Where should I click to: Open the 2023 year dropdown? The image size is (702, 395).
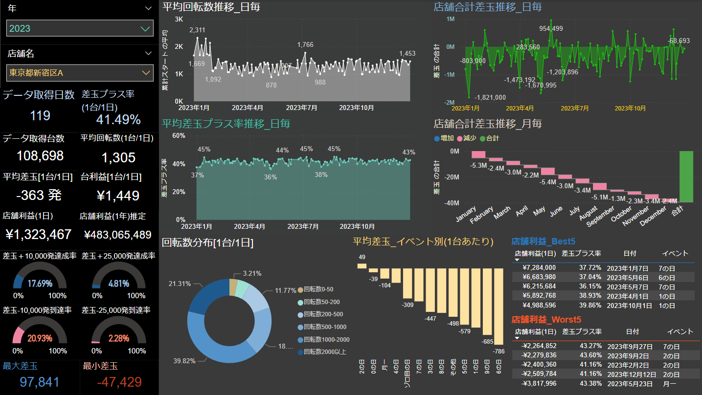(x=80, y=28)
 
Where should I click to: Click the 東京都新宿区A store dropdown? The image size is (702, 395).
(x=80, y=73)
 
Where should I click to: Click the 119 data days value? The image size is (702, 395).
(x=40, y=115)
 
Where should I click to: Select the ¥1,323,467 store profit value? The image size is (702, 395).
(x=39, y=234)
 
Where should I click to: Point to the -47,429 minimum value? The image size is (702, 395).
(x=119, y=382)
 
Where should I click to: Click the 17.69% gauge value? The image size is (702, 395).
(x=40, y=284)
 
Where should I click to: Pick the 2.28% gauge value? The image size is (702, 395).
(x=118, y=338)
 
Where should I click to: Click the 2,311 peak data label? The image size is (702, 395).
(x=197, y=30)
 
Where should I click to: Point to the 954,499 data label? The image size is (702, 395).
(x=551, y=28)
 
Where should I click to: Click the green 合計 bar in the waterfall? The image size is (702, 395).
(x=686, y=176)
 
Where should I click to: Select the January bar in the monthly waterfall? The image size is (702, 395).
(x=478, y=154)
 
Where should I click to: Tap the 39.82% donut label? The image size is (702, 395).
(x=184, y=361)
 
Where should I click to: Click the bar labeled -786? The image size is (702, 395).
(x=498, y=307)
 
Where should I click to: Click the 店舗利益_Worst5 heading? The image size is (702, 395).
(x=546, y=319)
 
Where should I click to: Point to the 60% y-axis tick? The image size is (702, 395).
(x=178, y=135)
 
